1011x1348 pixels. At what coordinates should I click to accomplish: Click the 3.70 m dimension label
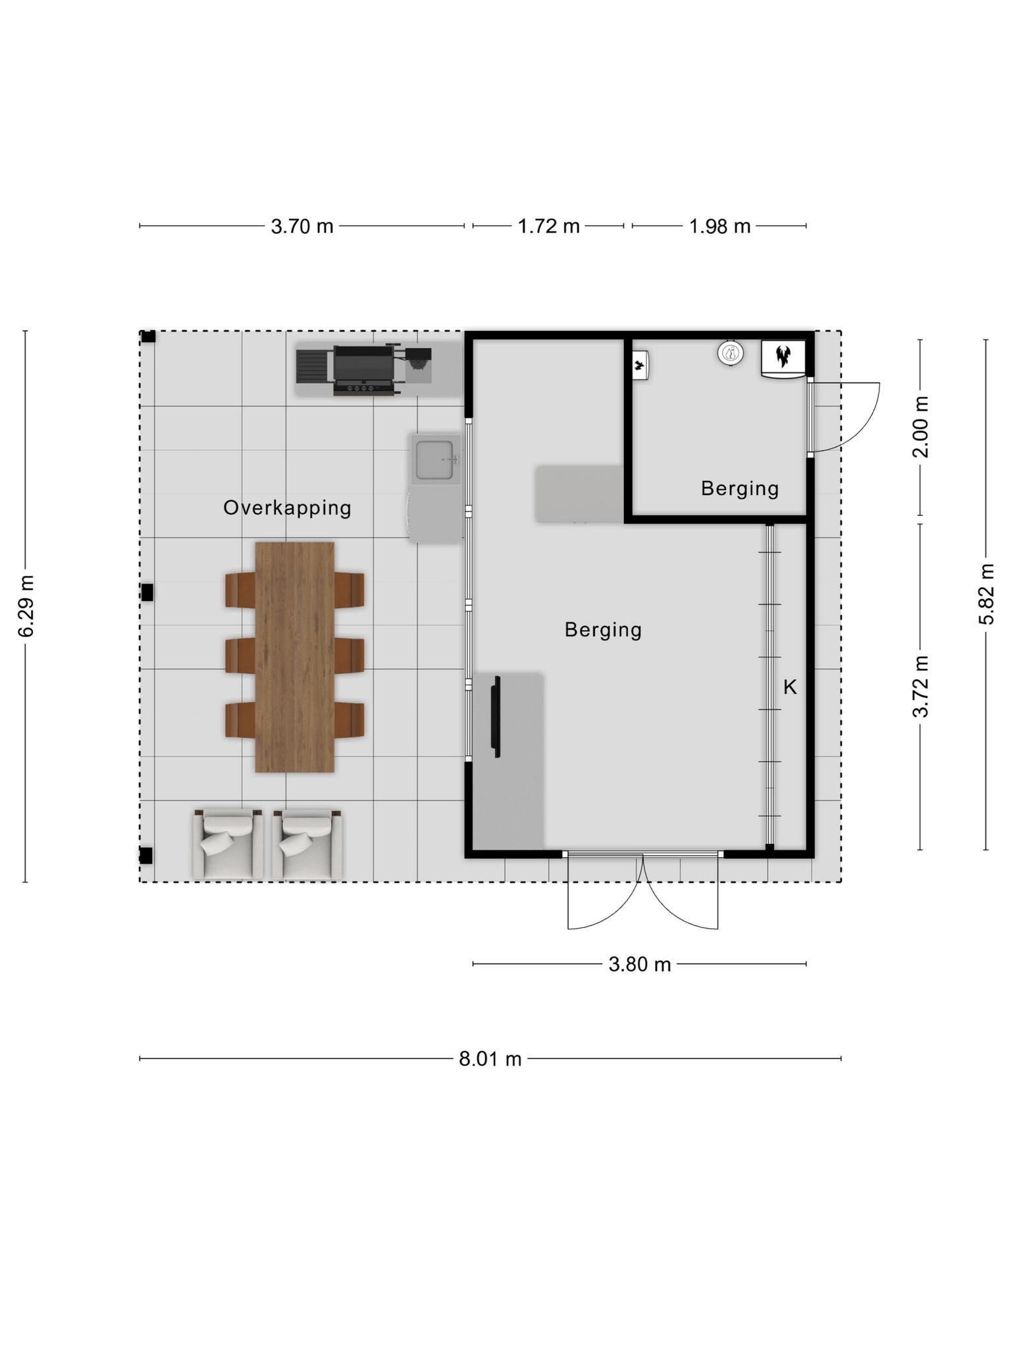(x=302, y=226)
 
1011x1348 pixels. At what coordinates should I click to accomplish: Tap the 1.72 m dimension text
(x=548, y=226)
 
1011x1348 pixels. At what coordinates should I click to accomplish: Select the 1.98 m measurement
(x=719, y=226)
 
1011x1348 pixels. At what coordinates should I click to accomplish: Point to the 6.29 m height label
(x=26, y=606)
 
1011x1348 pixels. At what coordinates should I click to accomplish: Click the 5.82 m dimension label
(x=986, y=594)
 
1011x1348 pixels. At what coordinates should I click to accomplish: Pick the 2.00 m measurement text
(x=921, y=427)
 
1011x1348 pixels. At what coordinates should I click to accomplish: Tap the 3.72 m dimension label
(x=921, y=686)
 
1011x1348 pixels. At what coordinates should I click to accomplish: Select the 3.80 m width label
(x=639, y=964)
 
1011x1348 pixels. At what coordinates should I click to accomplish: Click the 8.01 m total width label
(x=490, y=1059)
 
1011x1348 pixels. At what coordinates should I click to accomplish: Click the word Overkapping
(x=287, y=508)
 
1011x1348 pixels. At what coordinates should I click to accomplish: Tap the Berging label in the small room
(x=740, y=489)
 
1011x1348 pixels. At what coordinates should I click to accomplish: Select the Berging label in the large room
(x=603, y=631)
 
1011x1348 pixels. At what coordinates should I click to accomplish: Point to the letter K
(x=790, y=687)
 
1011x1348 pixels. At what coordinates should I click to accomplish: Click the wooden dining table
(x=295, y=657)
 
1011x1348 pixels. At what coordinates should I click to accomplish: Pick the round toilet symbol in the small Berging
(x=730, y=354)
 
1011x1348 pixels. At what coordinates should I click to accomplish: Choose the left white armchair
(x=228, y=844)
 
